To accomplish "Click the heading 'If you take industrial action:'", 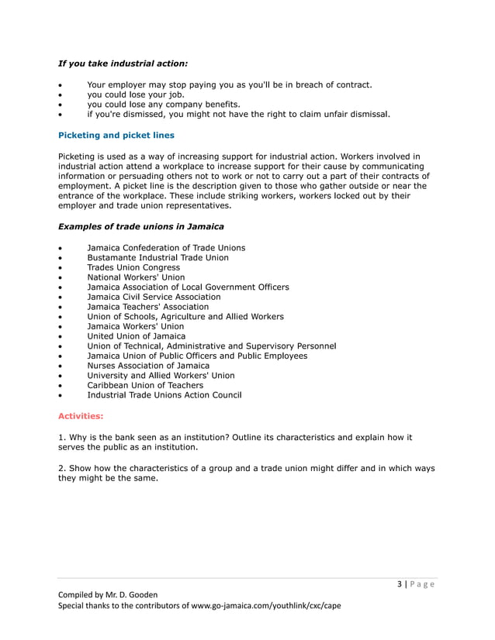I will pyautogui.click(x=123, y=63).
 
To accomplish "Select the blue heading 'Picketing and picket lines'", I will pyautogui.click(x=116, y=135).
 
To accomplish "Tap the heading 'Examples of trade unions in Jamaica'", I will pyautogui.click(x=141, y=226).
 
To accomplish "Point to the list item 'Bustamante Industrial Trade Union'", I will pyautogui.click(x=157, y=257).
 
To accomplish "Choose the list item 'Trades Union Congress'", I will pyautogui.click(x=133, y=267).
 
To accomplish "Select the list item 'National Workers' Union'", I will pyautogui.click(x=136, y=277).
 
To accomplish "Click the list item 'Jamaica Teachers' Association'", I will pyautogui.click(x=147, y=306).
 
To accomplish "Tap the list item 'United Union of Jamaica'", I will pyautogui.click(x=137, y=335).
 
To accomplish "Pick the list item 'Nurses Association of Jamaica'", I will pyautogui.click(x=148, y=365).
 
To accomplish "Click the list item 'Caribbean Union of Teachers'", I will pyautogui.click(x=145, y=385).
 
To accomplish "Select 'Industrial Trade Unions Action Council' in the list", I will pyautogui.click(x=164, y=395).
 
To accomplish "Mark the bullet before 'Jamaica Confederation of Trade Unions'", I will pyautogui.click(x=61, y=248).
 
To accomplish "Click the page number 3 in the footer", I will pyautogui.click(x=399, y=584).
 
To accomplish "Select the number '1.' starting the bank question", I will pyautogui.click(x=62, y=438).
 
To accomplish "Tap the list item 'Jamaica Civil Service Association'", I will pyautogui.click(x=154, y=297).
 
